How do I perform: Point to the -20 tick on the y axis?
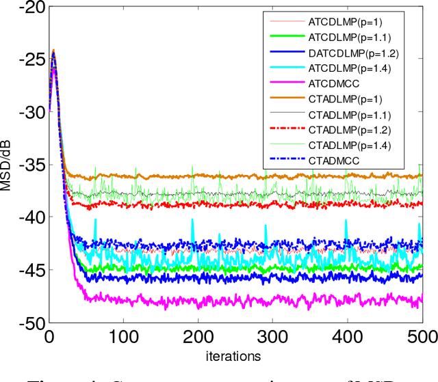(x=28, y=8)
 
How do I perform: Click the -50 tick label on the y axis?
(x=28, y=323)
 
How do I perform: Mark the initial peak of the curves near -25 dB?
(x=53, y=51)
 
